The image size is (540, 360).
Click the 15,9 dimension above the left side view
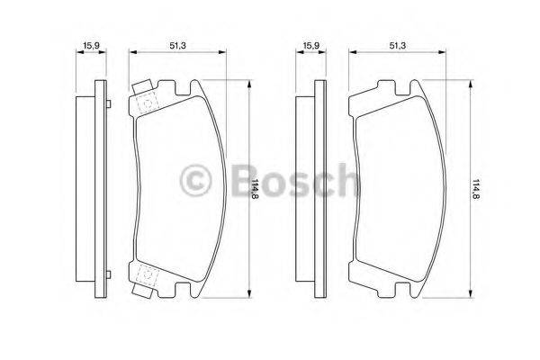pyautogui.click(x=90, y=42)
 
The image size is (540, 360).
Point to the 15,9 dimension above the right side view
pyautogui.click(x=310, y=42)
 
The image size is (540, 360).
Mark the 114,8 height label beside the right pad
pyautogui.click(x=476, y=189)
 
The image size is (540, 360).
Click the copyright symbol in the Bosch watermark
pyautogui.click(x=197, y=182)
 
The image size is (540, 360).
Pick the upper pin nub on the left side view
pyautogui.click(x=107, y=107)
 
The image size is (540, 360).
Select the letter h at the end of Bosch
pyautogui.click(x=345, y=182)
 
